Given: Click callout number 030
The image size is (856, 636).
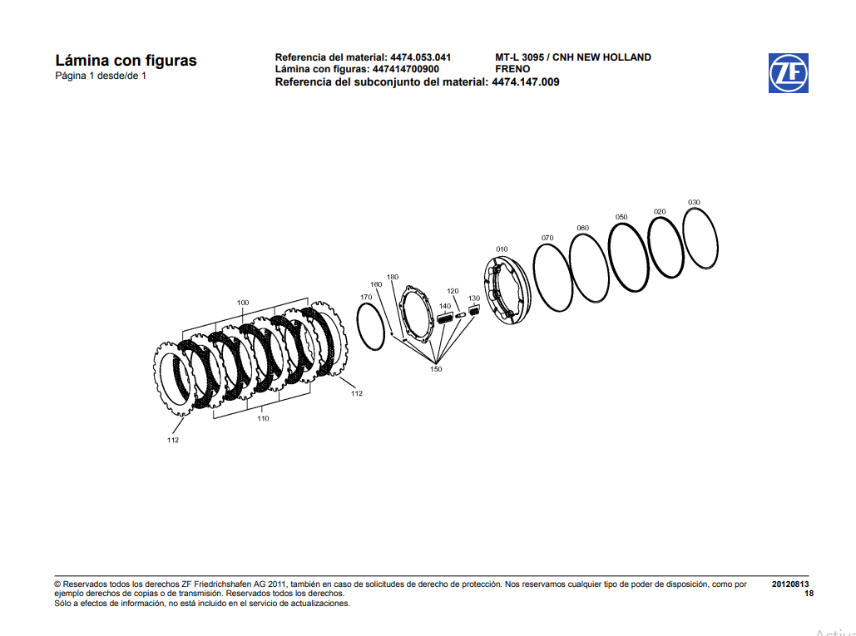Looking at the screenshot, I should pyautogui.click(x=694, y=202).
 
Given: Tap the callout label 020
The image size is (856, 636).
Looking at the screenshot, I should pyautogui.click(x=660, y=211).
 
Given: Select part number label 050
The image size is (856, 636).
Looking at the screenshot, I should pyautogui.click(x=621, y=217).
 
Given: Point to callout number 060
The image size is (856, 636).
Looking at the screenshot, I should pyautogui.click(x=582, y=228).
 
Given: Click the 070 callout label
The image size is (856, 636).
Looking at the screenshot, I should pyautogui.click(x=547, y=238).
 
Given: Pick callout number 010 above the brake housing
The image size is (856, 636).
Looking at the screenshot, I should pyautogui.click(x=502, y=249).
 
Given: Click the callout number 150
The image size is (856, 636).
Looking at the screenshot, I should pyautogui.click(x=436, y=369).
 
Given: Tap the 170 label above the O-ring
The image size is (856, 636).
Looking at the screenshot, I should pyautogui.click(x=366, y=297).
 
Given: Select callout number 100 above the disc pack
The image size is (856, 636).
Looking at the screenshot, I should pyautogui.click(x=243, y=303).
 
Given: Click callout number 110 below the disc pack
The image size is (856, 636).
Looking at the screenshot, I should pyautogui.click(x=263, y=419).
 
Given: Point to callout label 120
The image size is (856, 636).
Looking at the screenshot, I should pyautogui.click(x=453, y=291).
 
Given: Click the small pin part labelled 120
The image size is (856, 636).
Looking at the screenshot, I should pyautogui.click(x=461, y=313).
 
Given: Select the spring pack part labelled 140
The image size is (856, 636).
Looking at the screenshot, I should pyautogui.click(x=445, y=318).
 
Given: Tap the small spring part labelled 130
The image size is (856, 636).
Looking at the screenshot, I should pyautogui.click(x=476, y=311).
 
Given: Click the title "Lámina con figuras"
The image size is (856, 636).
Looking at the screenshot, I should pyautogui.click(x=126, y=61).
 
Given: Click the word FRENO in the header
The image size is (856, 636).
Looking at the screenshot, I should pyautogui.click(x=512, y=69).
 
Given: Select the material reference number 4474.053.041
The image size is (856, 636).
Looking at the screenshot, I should pyautogui.click(x=420, y=57).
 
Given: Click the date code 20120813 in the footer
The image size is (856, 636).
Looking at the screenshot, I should pyautogui.click(x=790, y=584).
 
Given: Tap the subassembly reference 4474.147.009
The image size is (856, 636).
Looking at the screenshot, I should pyautogui.click(x=526, y=81).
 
